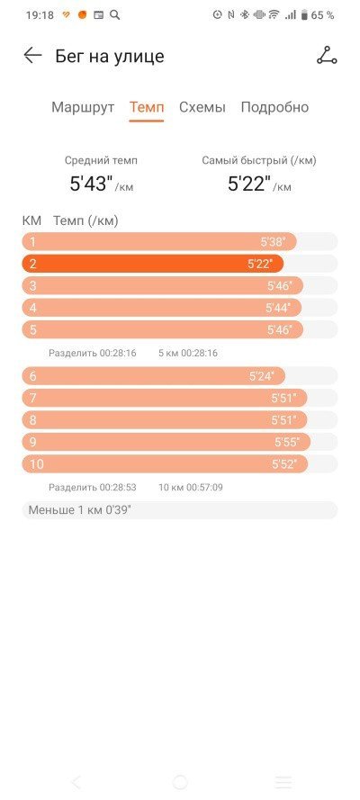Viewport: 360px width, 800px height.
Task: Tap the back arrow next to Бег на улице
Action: (x=32, y=55)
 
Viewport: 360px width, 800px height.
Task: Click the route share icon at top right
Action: (x=327, y=55)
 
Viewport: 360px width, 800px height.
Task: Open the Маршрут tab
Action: (x=83, y=107)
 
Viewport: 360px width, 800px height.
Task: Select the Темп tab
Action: (x=147, y=107)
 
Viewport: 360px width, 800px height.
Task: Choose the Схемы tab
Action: (x=202, y=107)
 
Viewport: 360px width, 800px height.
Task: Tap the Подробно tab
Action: (x=274, y=107)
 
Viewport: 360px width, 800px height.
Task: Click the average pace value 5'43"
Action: (x=91, y=184)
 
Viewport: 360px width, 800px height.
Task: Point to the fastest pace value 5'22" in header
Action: (x=249, y=184)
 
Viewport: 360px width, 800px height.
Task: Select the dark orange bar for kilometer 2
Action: (x=152, y=264)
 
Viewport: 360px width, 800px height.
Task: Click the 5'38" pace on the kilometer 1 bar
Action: (x=273, y=242)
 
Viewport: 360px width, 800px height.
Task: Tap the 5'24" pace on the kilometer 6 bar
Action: (x=262, y=376)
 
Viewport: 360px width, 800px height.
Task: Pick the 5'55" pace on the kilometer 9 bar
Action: (x=287, y=442)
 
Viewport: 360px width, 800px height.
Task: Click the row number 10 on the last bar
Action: (x=37, y=464)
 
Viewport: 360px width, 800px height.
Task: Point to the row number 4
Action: (x=33, y=308)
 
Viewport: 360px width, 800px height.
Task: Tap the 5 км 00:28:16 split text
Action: (x=188, y=353)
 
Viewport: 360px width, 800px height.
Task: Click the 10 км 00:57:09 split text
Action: (x=191, y=487)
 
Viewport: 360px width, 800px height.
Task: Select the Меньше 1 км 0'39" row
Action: (x=179, y=510)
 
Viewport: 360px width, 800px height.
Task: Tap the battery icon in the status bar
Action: (x=304, y=15)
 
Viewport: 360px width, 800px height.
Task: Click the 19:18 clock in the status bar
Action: (x=40, y=15)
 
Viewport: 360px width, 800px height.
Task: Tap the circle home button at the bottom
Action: (x=180, y=782)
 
